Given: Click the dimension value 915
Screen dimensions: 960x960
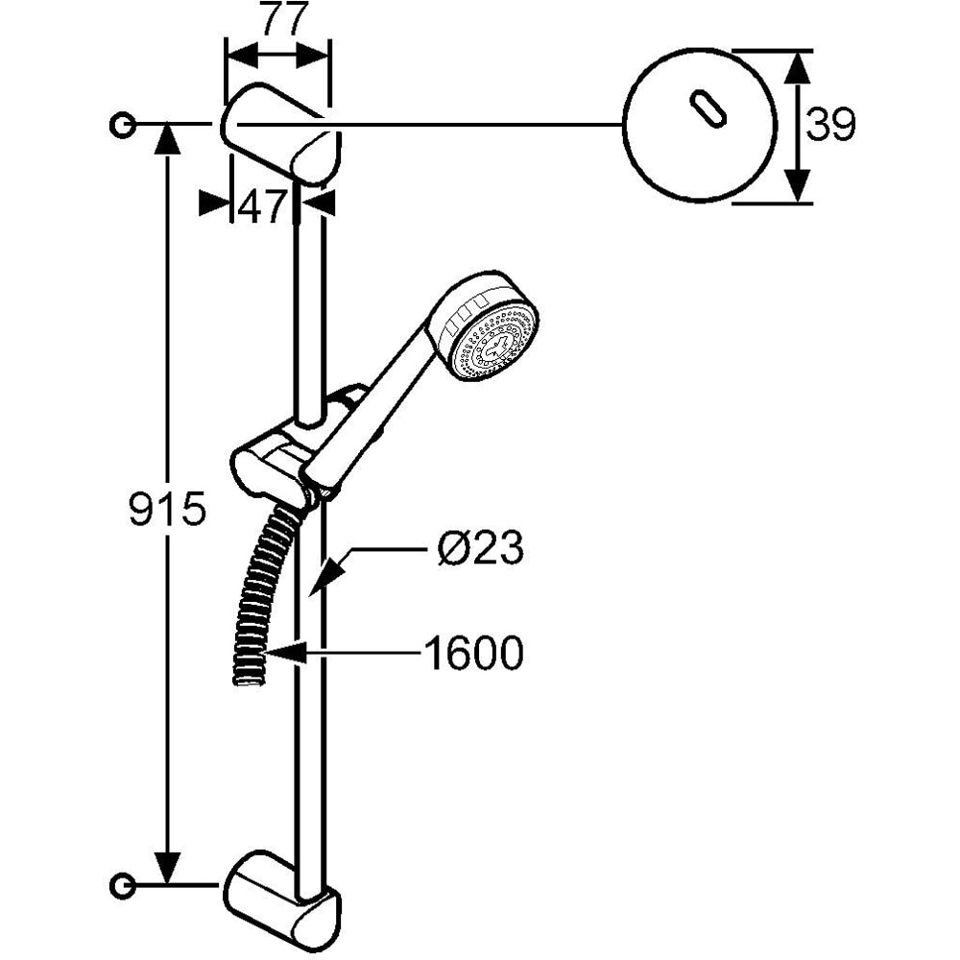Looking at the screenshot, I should click(x=168, y=508).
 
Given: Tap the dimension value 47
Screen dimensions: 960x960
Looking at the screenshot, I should click(x=263, y=206).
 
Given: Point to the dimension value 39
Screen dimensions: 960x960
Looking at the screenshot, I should click(x=829, y=125).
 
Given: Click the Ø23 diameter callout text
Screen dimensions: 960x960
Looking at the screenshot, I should click(x=479, y=550).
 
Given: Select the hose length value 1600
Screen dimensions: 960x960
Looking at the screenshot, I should click(x=474, y=655).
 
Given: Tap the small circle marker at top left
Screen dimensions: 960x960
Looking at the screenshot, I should click(x=122, y=124).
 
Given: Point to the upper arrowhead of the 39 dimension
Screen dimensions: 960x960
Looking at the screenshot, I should click(x=797, y=67).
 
